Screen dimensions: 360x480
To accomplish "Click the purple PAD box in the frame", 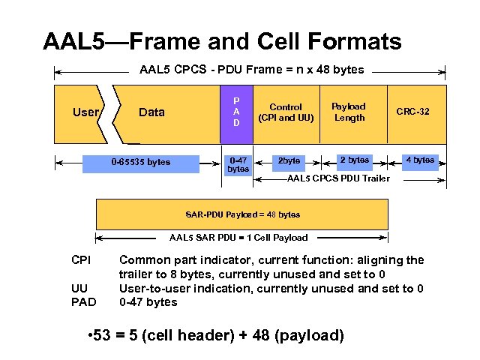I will (x=236, y=112).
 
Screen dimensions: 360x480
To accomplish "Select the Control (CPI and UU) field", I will (x=286, y=112).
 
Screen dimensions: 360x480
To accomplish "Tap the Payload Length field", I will (x=349, y=112).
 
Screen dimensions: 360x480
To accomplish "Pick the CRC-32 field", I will (x=412, y=112).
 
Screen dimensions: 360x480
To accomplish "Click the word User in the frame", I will (x=85, y=112).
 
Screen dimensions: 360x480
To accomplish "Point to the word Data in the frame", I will (x=151, y=112).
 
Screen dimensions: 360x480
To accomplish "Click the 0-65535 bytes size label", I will (x=140, y=162).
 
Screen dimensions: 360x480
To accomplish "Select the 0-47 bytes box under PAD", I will (x=238, y=164).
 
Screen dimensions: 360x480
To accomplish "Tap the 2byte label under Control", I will (x=289, y=160).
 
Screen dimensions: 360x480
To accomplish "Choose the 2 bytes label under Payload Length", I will (x=354, y=160).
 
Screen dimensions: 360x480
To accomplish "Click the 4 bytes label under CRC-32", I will (x=419, y=160).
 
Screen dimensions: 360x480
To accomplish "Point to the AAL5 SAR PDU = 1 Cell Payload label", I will (x=238, y=238).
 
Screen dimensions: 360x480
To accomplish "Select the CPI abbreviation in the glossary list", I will (x=80, y=260).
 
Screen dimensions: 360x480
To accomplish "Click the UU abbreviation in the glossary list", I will (x=79, y=289).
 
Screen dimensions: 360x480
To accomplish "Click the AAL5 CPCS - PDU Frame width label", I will (x=251, y=70).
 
